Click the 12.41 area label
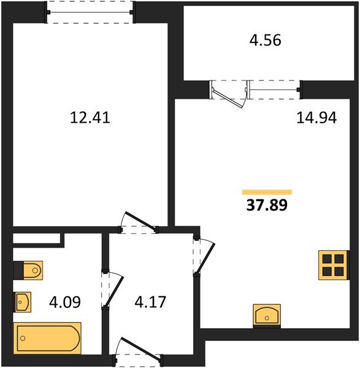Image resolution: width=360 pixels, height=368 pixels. pos(90,117)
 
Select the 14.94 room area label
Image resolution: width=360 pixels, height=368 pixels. pos(316,118)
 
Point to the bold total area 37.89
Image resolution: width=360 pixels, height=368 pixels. pos(267,204)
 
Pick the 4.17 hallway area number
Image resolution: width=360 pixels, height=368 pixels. pos(149,302)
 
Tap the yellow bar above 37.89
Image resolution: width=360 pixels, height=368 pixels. pos(267,191)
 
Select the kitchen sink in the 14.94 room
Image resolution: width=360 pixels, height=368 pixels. pos(267,316)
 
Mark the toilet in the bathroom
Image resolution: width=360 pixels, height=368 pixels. pos(28,269)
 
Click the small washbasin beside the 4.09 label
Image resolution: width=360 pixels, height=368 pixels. pos(23,301)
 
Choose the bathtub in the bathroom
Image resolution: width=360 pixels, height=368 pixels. pos(47,338)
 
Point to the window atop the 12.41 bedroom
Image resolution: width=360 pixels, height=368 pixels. pos(90,12)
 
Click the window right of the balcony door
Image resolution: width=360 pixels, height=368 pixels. pos(274,90)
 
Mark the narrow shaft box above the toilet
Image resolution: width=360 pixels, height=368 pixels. pos(37,238)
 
